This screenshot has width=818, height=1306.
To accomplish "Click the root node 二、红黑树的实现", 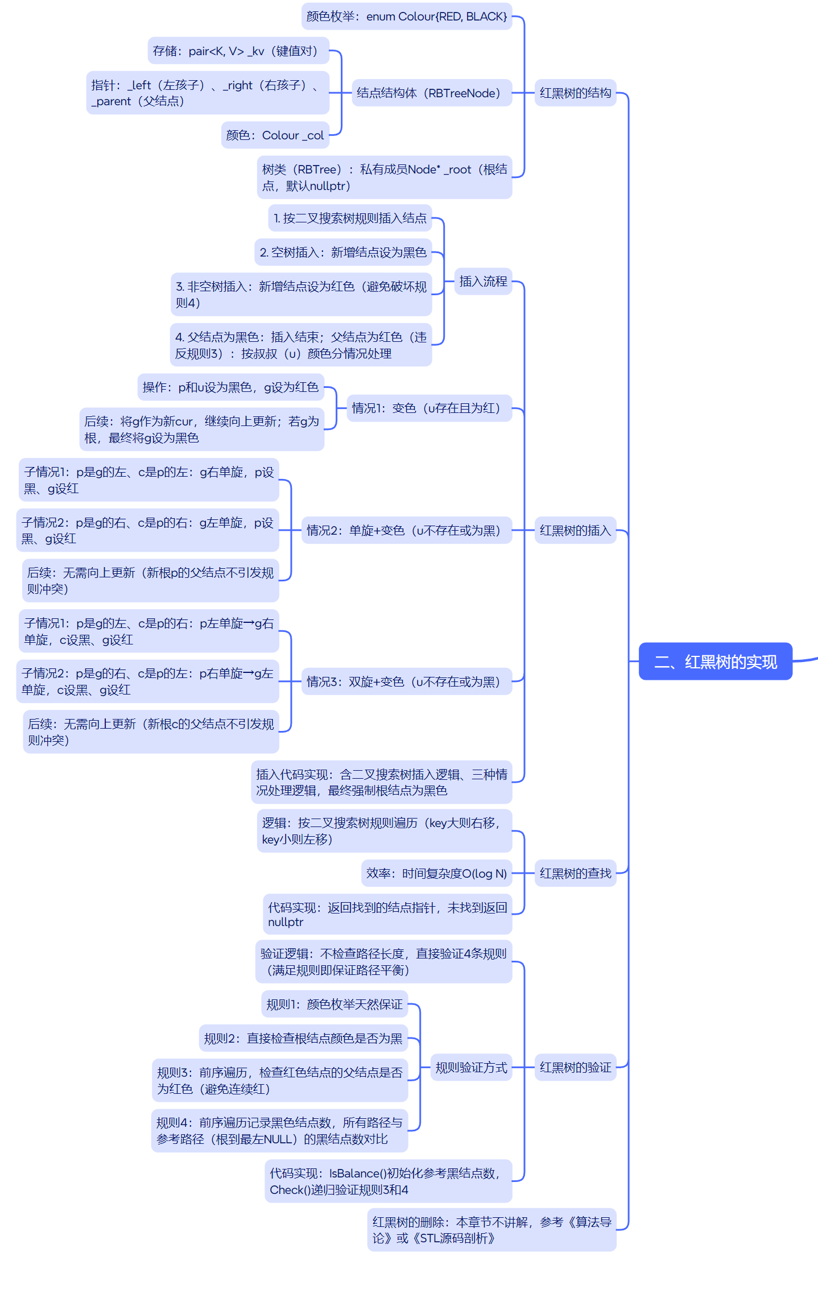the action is tap(715, 662).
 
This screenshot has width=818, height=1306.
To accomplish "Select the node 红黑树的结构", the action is tap(575, 93).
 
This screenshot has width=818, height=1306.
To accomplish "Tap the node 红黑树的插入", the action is tap(575, 530).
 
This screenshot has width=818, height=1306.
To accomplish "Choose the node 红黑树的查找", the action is tap(575, 873).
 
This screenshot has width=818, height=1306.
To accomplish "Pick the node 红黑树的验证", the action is tap(575, 1067).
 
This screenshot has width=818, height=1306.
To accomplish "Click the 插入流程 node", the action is tap(483, 281).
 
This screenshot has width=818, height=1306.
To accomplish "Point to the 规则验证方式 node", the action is tap(471, 1067).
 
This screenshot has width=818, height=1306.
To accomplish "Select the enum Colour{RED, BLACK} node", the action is tap(406, 16).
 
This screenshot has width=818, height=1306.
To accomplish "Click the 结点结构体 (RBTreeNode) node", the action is tap(428, 93).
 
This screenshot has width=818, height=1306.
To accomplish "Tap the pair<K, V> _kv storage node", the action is tap(238, 51).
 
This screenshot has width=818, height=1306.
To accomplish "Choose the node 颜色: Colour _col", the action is tap(275, 135).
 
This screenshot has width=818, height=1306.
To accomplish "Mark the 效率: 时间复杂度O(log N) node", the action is tap(436, 873).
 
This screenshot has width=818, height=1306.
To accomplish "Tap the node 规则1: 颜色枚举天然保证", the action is tap(334, 1005).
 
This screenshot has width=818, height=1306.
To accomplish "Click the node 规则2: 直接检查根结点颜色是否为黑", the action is tap(303, 1039).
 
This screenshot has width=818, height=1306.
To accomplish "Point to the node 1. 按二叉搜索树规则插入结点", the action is tap(350, 218).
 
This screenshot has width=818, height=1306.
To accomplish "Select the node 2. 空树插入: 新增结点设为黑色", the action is tap(343, 252).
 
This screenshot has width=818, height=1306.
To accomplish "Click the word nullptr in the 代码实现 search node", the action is tap(286, 922).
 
